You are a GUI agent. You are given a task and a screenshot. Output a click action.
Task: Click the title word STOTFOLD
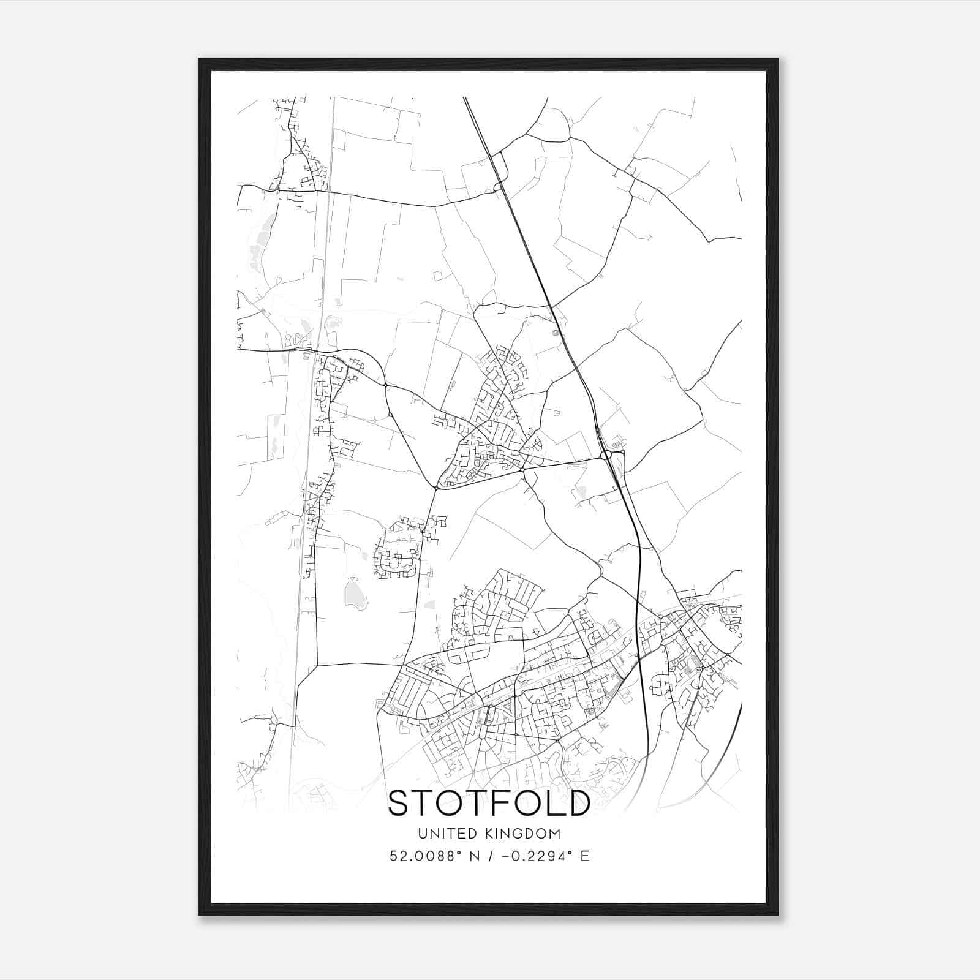pos(489,803)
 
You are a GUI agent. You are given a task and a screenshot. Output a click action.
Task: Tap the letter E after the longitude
pos(584,856)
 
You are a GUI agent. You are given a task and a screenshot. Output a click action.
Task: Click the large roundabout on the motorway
pos(607,454)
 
